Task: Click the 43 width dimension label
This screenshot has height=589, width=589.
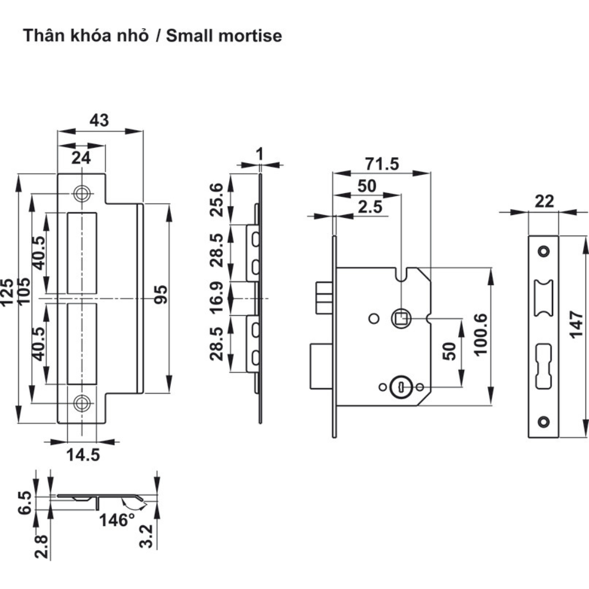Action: [x=99, y=120]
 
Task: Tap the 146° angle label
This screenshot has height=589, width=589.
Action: [x=116, y=521]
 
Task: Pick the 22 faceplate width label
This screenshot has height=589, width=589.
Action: [x=545, y=201]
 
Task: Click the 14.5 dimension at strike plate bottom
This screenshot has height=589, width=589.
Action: [x=82, y=455]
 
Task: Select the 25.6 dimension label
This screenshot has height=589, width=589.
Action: [x=217, y=200]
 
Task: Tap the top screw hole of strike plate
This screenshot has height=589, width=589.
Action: [x=81, y=193]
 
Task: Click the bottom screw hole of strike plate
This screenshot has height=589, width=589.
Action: [x=81, y=403]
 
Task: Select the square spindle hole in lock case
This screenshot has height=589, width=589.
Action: [x=401, y=319]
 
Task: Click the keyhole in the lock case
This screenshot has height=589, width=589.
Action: [x=401, y=387]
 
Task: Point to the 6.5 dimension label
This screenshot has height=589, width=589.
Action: [x=24, y=502]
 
